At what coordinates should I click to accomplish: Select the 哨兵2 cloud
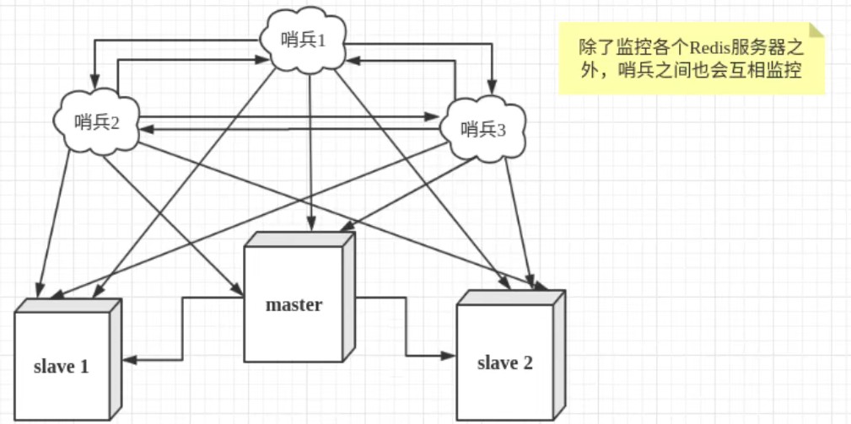(x=97, y=122)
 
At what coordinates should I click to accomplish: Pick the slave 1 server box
(x=63, y=362)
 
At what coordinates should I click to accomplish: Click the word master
(x=294, y=304)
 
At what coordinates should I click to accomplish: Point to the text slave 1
(x=61, y=367)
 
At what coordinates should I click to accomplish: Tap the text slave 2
(x=504, y=363)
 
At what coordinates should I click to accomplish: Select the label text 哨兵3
(x=483, y=130)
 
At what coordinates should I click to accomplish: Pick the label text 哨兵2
(x=97, y=122)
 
